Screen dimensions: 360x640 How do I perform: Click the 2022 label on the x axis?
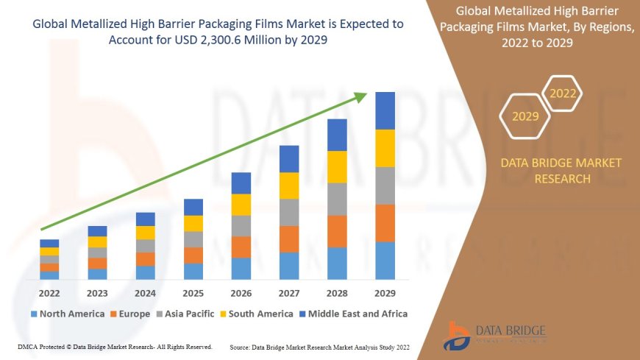click(49, 292)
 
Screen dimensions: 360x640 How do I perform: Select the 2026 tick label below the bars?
click(241, 292)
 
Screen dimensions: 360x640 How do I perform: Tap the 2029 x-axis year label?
click(385, 292)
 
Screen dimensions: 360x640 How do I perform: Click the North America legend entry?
click(68, 314)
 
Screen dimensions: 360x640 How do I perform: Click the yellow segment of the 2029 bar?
click(385, 148)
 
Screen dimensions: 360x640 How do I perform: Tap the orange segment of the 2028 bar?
click(337, 231)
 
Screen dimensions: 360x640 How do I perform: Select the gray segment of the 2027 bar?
click(289, 212)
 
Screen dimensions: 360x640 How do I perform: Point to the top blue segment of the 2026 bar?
click(241, 183)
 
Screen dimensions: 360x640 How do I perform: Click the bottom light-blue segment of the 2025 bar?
click(193, 272)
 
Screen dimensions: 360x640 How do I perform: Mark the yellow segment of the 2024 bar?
click(146, 233)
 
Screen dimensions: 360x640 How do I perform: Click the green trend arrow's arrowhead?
click(360, 96)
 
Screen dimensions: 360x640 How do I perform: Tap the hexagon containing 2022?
click(563, 94)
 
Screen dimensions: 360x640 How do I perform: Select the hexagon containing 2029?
click(525, 116)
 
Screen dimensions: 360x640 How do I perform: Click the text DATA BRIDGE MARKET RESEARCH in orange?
click(561, 170)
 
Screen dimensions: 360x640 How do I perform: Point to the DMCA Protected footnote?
click(114, 346)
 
